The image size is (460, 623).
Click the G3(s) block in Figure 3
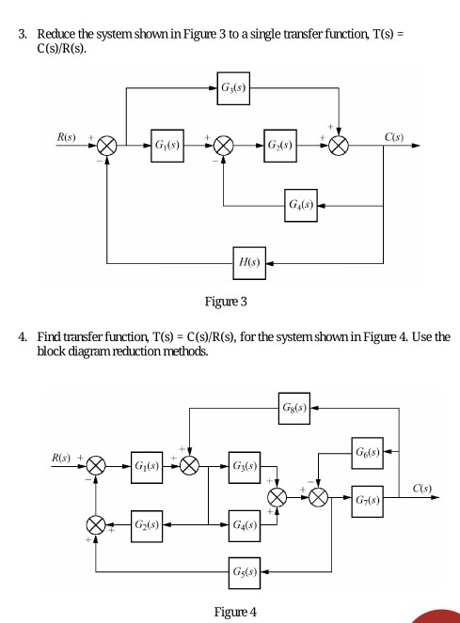[x=231, y=89]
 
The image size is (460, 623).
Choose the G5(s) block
[x=250, y=569]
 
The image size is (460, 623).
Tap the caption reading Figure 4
[x=235, y=612]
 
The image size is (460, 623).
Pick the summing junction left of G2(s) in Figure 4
[x=95, y=523]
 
